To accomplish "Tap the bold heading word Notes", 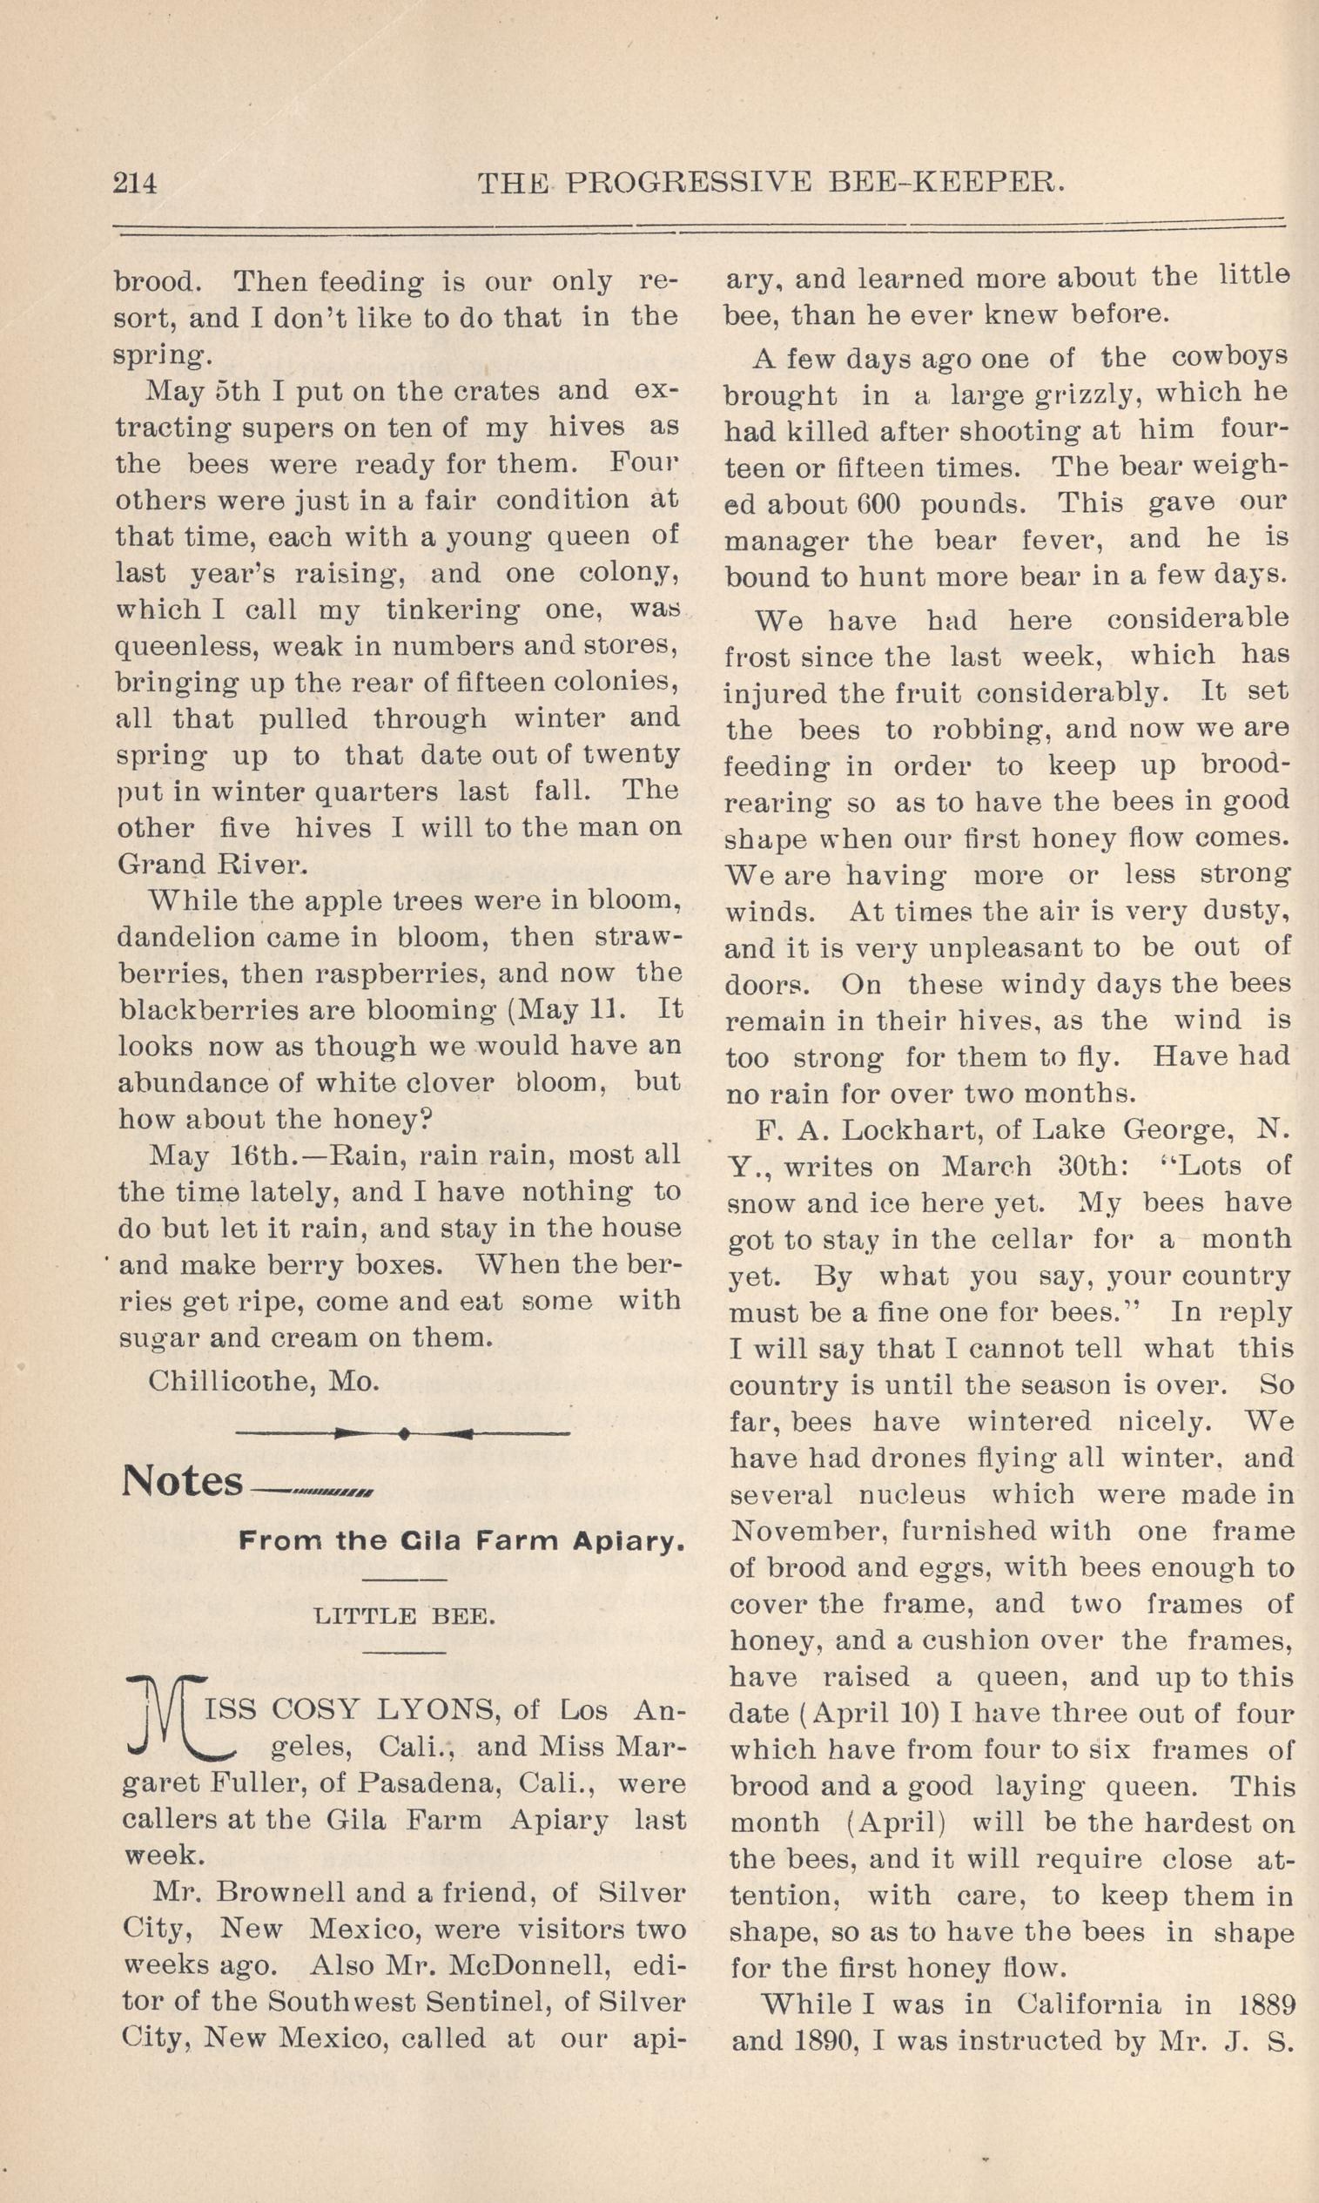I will click(x=182, y=1482).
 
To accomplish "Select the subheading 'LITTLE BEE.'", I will click(x=405, y=1615).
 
